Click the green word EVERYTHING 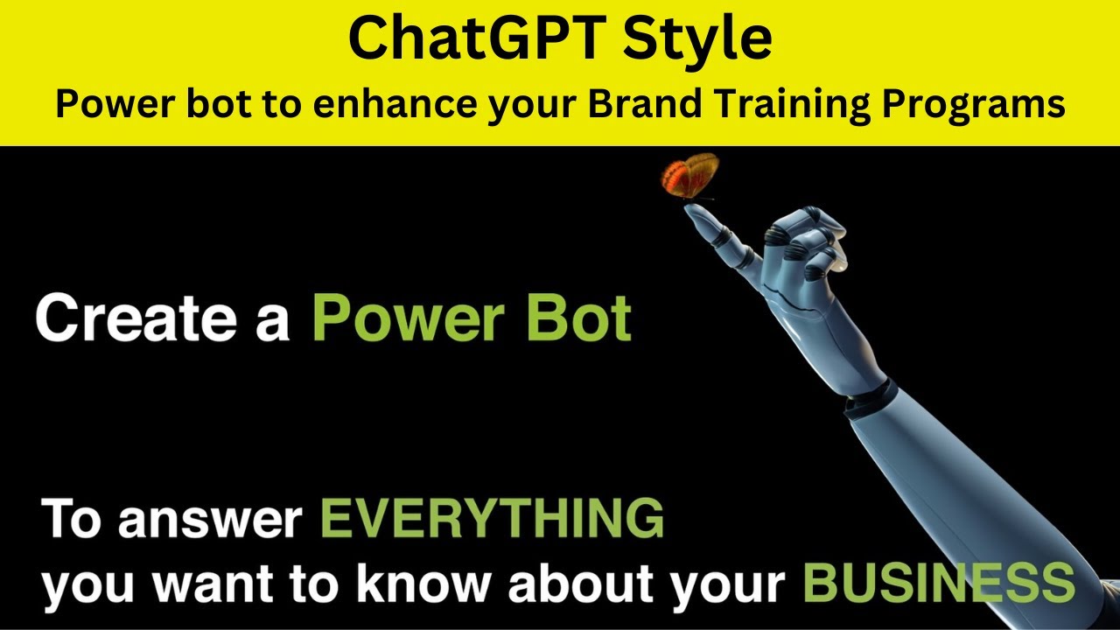point(493,519)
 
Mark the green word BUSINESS point(938,582)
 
